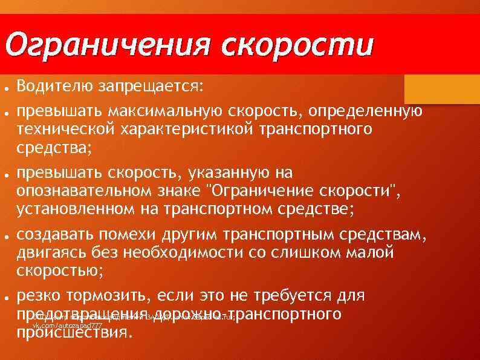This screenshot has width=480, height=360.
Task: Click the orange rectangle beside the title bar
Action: (441, 88)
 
